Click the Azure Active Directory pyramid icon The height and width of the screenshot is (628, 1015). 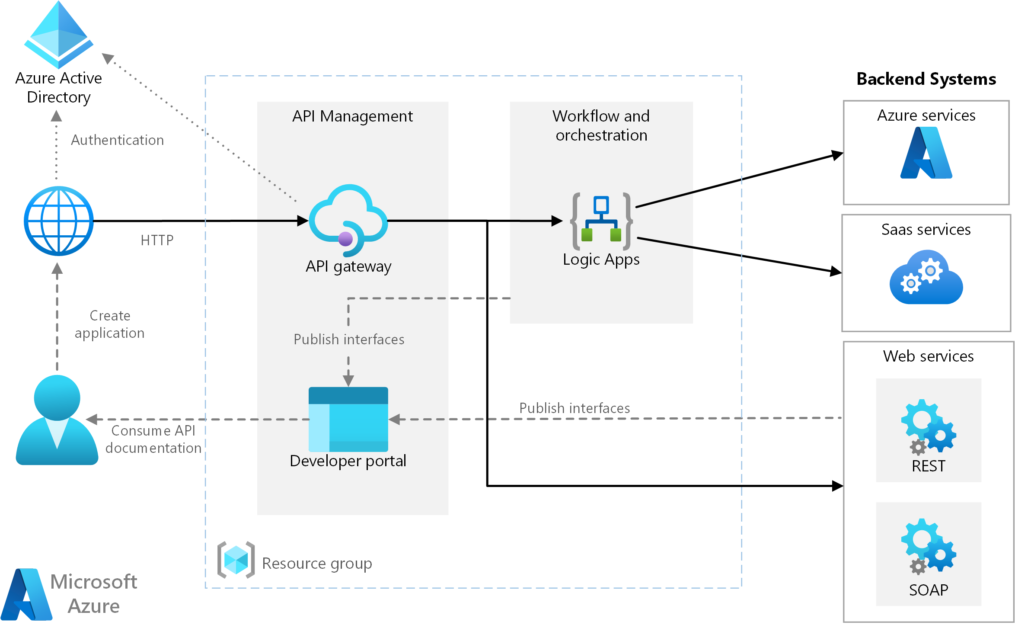point(59,35)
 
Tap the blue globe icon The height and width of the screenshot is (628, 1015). point(59,221)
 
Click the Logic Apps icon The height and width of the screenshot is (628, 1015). point(601,221)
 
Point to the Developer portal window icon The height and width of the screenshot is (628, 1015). point(348,419)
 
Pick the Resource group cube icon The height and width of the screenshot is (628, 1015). point(236,560)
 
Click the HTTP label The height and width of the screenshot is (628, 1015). point(157,240)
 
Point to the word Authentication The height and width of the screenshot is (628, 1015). point(117,140)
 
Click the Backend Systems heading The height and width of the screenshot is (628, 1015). point(926,79)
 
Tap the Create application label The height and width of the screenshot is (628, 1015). point(110,324)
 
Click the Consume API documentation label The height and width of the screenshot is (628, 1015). point(153,439)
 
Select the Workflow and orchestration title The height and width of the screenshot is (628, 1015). point(601,125)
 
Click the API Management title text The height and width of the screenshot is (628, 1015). point(352,116)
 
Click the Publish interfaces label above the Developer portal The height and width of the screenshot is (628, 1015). point(349,340)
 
